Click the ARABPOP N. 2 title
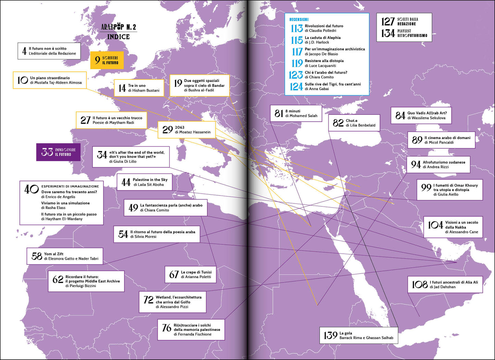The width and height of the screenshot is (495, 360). point(119,27)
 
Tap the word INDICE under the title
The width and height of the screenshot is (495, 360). point(118,37)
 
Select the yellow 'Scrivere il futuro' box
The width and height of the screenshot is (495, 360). point(107,60)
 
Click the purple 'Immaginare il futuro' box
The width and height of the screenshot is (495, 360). point(59,152)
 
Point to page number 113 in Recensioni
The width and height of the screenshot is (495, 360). point(297,28)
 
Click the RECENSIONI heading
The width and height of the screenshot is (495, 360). point(299,20)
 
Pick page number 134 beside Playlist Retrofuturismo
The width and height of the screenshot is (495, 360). point(388,33)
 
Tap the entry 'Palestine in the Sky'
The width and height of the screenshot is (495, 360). point(150,179)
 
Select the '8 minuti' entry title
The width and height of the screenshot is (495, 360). point(293,111)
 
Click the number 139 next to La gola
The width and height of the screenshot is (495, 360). point(330,335)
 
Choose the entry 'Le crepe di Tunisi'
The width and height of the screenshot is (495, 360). point(196,272)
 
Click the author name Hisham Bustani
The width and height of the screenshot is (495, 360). point(144,90)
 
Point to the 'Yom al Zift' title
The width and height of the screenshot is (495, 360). point(54,254)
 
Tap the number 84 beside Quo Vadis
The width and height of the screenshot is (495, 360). point(400,115)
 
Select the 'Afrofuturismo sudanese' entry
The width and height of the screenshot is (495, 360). point(444,162)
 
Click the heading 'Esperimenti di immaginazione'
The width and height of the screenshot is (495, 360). point(70,186)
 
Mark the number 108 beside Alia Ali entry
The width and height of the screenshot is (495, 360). point(420,284)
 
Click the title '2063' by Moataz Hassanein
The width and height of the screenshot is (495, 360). point(180,127)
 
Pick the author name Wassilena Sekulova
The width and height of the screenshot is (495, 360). point(426,118)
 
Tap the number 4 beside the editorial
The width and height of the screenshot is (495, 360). point(24,51)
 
